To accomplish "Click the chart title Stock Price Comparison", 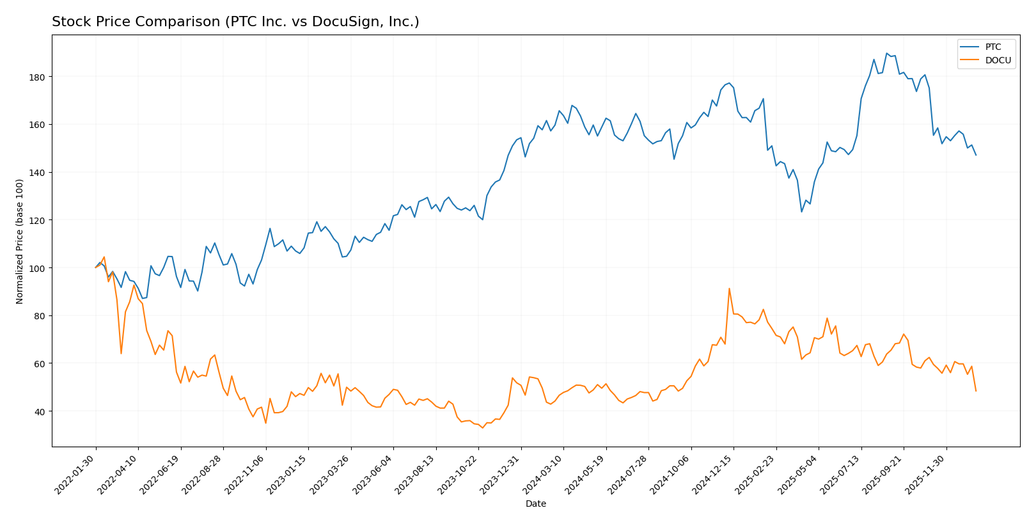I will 235,22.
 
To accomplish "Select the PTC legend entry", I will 993,47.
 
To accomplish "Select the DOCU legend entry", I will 998,61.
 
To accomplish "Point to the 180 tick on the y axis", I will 40,77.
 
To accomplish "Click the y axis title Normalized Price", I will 20,241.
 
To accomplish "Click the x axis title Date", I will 535,504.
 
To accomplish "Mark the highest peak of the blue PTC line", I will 886,53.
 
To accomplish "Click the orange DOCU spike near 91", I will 729,289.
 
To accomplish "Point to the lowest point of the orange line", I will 483,427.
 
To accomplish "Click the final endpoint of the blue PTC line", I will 976,155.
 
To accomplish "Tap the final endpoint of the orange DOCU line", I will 976,391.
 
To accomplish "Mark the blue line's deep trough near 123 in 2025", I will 801,212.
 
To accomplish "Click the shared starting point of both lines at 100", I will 96,267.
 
